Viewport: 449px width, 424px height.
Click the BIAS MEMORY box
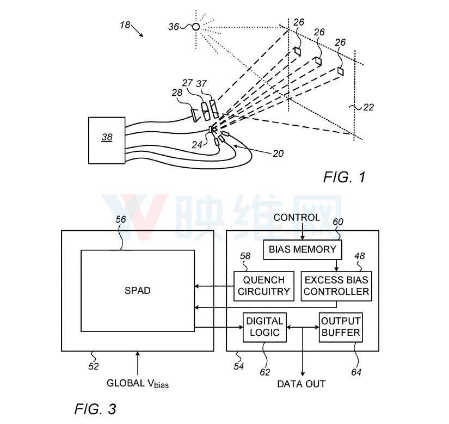303,250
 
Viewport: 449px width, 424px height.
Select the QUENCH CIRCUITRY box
264,286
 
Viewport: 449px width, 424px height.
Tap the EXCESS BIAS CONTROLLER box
336,286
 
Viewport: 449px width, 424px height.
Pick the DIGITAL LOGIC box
265,327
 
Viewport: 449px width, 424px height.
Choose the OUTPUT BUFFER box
341,327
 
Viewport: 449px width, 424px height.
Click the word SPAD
138,291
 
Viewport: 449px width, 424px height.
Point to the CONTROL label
297,218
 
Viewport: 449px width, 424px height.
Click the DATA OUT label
302,384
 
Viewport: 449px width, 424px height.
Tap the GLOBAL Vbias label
138,384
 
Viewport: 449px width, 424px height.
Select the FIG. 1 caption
345,177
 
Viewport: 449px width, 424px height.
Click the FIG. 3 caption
95,409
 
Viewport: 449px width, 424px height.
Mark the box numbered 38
107,140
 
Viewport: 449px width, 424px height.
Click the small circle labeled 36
196,27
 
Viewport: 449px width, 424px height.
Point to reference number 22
368,107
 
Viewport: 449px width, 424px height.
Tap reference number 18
125,25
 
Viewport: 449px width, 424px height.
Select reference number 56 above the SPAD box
121,219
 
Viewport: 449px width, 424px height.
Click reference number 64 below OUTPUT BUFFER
356,372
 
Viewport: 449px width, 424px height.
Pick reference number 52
94,366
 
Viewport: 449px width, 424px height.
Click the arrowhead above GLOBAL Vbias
138,354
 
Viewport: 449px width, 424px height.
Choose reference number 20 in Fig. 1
278,153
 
